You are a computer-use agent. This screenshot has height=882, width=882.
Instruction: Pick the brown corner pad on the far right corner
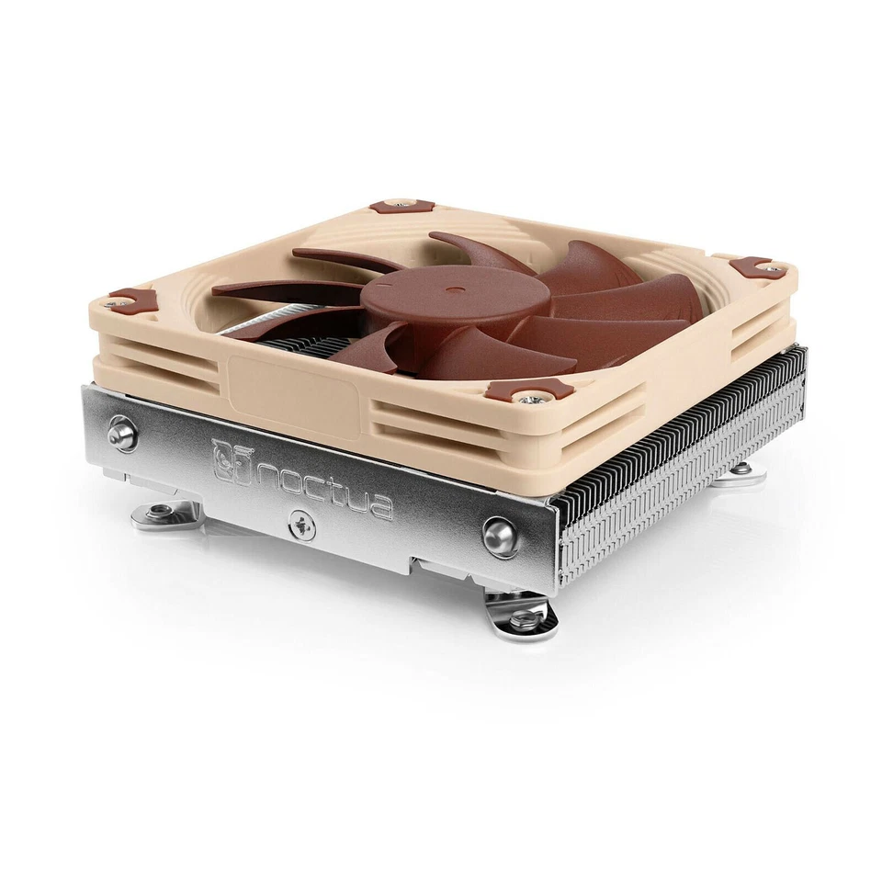click(758, 268)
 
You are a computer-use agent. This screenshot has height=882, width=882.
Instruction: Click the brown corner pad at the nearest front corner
click(530, 390)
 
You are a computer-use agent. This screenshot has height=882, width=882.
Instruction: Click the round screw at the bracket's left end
click(120, 434)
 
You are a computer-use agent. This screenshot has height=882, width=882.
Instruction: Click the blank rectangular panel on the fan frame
click(293, 390)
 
